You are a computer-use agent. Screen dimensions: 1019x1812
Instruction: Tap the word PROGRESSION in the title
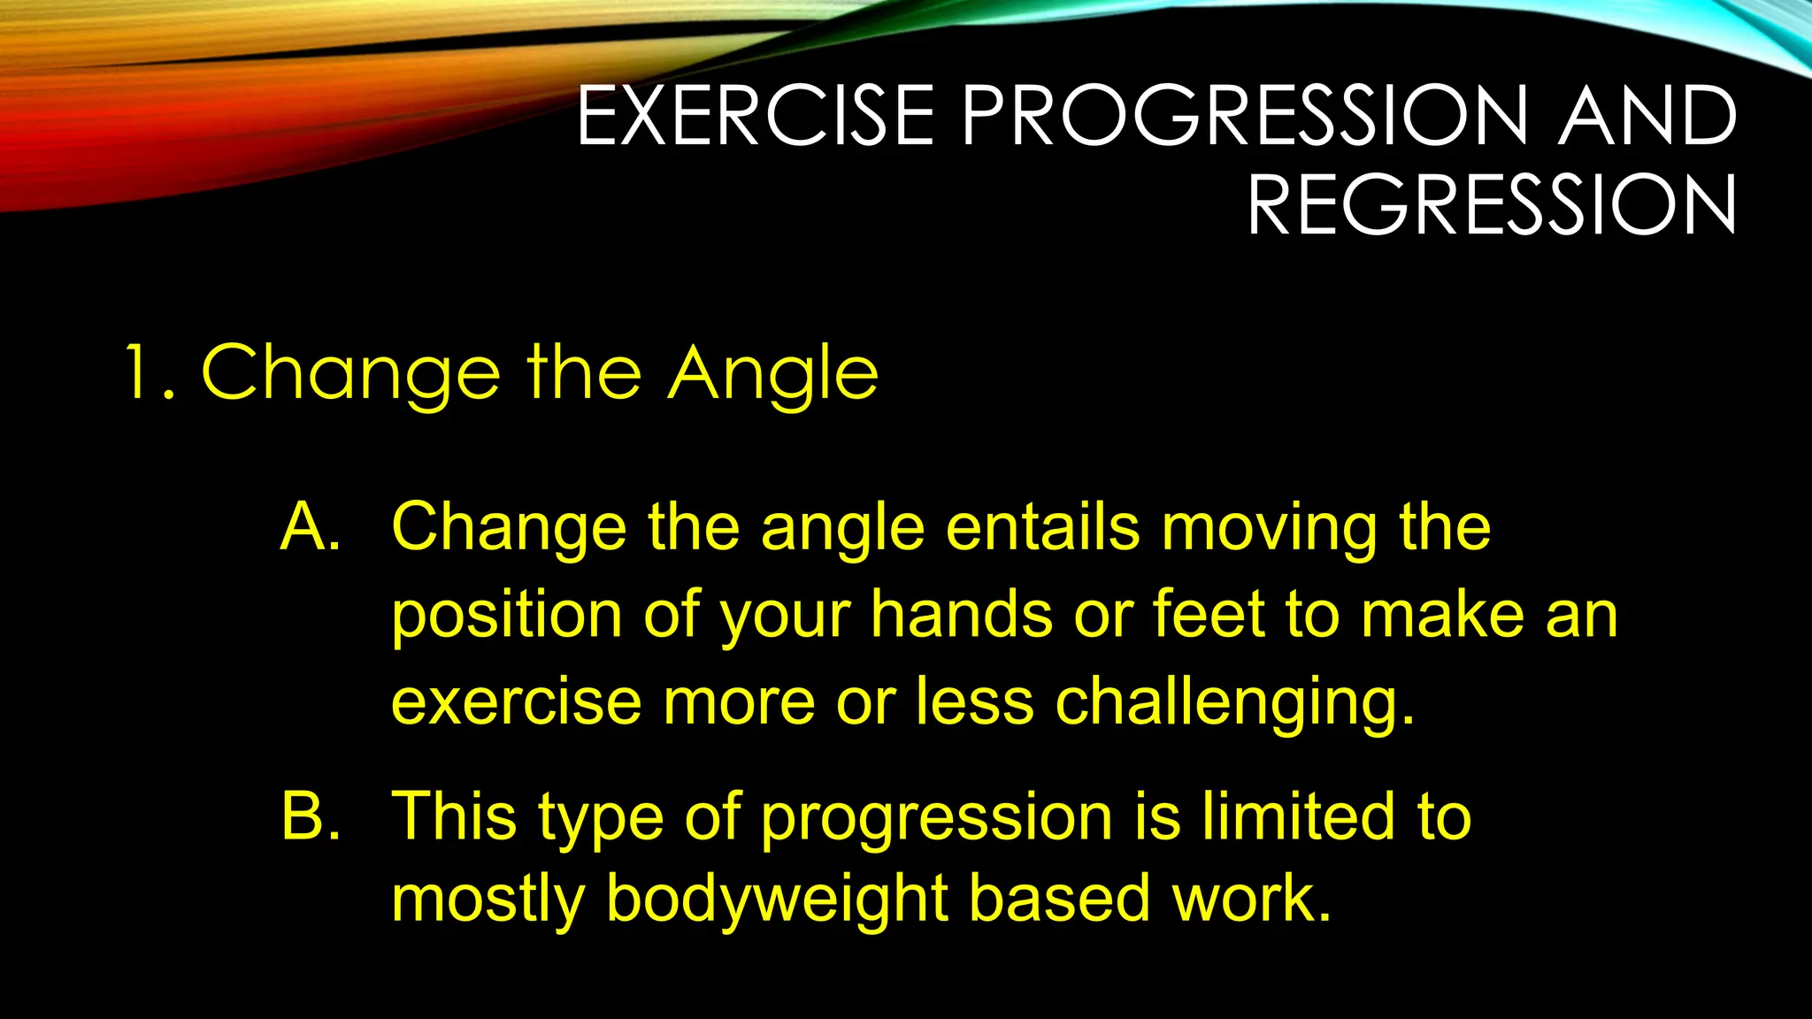1245,116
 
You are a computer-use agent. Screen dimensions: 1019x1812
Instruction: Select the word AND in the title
1647,116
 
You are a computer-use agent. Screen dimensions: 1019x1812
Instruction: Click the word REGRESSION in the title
1492,205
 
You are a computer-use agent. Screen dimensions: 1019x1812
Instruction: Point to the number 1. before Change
148,373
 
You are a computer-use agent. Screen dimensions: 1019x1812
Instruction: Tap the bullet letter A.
310,527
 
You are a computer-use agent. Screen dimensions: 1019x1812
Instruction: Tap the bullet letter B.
311,816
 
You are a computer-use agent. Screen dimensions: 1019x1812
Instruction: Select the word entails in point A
1043,527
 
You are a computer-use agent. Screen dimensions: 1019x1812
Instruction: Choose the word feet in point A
1209,614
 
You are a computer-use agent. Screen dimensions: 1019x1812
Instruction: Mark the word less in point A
974,701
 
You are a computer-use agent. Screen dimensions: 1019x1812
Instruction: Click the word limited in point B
1298,816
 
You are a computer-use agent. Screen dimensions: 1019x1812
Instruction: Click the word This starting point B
454,816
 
